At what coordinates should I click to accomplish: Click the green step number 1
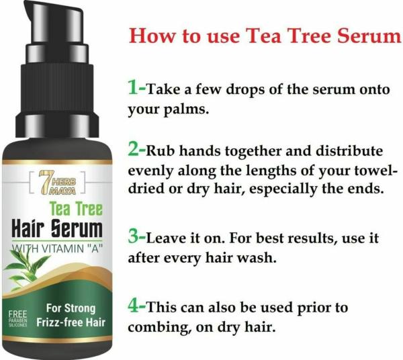point(134,87)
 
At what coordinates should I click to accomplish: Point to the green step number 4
point(134,306)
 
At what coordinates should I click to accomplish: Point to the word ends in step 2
point(364,189)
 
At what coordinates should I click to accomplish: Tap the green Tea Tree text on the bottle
point(77,208)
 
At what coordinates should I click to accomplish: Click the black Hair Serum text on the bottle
point(57,228)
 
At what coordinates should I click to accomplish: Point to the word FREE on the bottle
point(17,314)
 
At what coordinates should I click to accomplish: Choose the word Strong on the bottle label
point(80,308)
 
